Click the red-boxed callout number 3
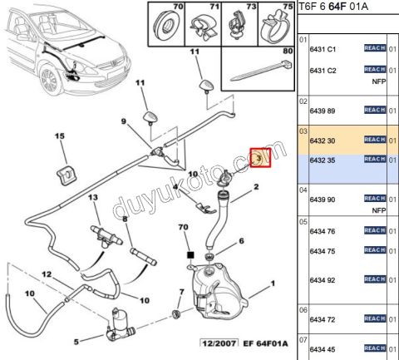point(259,156)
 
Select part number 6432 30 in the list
point(323,142)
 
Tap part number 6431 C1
point(323,49)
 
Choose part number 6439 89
point(323,111)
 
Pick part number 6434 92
point(323,280)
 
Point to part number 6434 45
point(323,348)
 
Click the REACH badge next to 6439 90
point(375,200)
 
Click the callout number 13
point(93,197)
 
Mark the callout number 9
point(123,122)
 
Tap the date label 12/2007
point(219,343)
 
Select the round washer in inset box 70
point(165,22)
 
